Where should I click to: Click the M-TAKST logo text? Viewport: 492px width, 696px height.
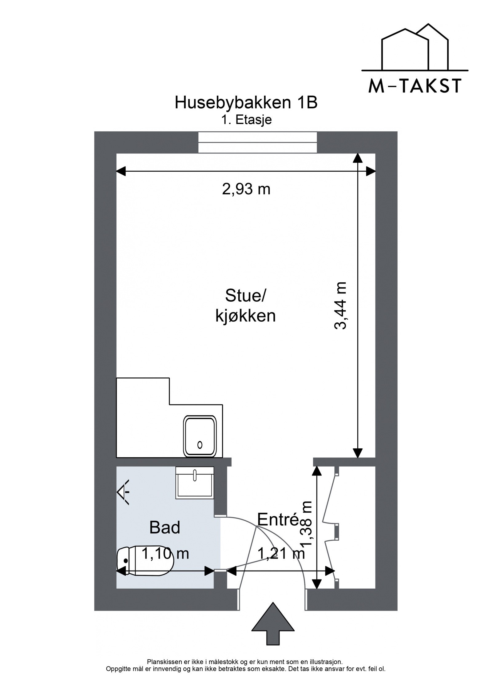[x=415, y=86]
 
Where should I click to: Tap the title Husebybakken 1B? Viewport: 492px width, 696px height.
[x=246, y=103]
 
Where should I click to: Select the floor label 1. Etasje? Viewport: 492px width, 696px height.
[x=246, y=120]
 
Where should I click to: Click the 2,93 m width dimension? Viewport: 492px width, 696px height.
[x=246, y=189]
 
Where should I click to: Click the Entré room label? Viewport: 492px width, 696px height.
[x=278, y=519]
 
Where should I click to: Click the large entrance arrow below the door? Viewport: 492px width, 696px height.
[x=273, y=628]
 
